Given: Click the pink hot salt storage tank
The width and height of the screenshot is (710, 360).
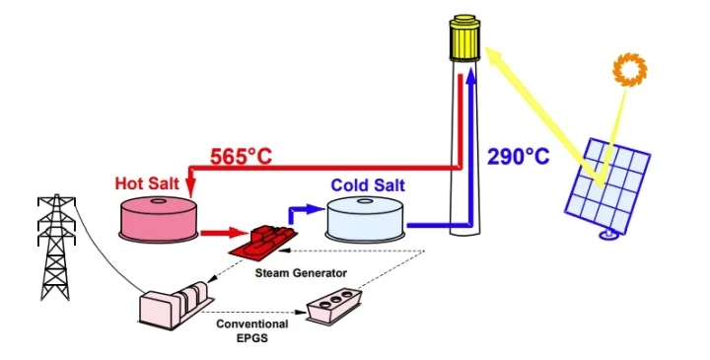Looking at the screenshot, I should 157,219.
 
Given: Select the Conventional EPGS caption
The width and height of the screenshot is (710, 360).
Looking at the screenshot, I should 252,329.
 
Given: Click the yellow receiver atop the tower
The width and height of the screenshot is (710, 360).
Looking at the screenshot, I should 462,36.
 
